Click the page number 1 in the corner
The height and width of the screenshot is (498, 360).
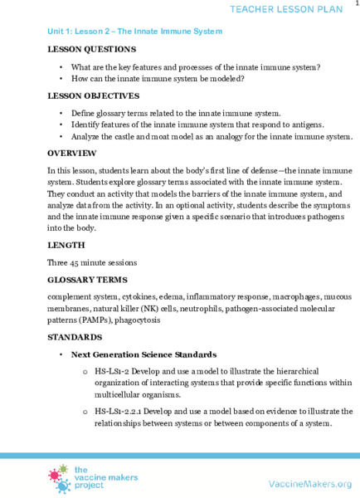click(356, 4)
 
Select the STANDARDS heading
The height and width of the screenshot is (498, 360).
click(75, 338)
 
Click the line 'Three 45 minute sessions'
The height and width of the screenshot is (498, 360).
click(92, 262)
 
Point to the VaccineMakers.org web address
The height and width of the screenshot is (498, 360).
click(309, 484)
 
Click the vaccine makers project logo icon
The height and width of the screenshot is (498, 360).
click(60, 481)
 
